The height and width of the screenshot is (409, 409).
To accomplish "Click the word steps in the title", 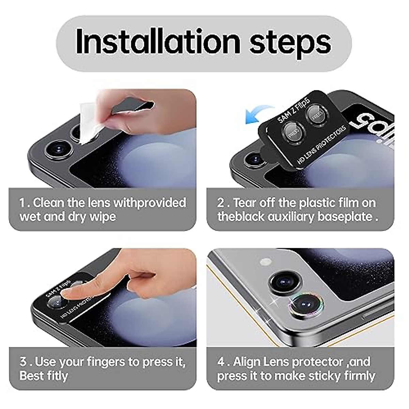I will point(290,44).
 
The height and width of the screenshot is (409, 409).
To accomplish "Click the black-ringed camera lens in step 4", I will point(285,281).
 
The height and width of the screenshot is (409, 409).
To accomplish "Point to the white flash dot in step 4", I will point(266,262).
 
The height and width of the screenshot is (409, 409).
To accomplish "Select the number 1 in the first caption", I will point(22,203).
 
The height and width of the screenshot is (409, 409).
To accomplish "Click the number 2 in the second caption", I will point(221,203).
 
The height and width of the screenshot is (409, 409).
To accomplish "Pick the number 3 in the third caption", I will point(23,361).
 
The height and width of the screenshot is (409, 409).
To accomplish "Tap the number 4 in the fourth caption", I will point(221,362).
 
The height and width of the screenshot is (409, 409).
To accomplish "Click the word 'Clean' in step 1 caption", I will point(48,203).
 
